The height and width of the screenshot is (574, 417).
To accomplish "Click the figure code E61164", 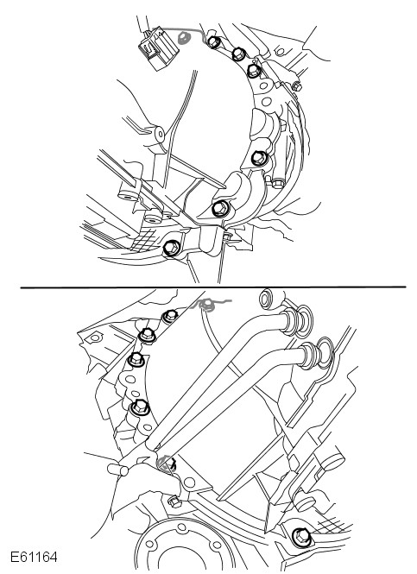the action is [34, 558].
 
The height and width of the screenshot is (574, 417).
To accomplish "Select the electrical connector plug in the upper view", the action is [157, 48].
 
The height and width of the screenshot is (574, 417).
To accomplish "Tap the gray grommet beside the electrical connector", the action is [183, 38].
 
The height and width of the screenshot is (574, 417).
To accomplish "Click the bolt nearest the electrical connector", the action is [213, 41].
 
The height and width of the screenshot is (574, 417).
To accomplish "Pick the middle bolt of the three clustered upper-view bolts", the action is [238, 54].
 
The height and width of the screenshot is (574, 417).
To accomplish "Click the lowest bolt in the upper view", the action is [171, 249].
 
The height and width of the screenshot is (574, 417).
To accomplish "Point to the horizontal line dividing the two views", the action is [213, 287].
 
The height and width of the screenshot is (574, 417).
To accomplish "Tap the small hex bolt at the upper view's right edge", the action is [296, 87].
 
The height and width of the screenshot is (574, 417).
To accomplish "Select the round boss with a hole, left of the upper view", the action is [160, 135].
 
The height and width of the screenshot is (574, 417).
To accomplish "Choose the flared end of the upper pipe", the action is [300, 323].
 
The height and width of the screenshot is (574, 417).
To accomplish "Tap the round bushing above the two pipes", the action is [271, 299].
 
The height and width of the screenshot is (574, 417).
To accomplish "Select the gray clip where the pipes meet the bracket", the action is [166, 463].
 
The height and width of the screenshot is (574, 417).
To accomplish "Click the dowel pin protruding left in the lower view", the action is [118, 470].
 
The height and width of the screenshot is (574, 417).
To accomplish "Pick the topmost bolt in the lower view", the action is [170, 316].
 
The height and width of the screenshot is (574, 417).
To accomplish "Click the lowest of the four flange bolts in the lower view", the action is [140, 407].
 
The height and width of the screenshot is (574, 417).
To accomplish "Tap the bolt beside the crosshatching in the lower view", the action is [301, 537].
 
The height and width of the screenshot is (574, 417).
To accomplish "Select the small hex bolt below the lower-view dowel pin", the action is [175, 501].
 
